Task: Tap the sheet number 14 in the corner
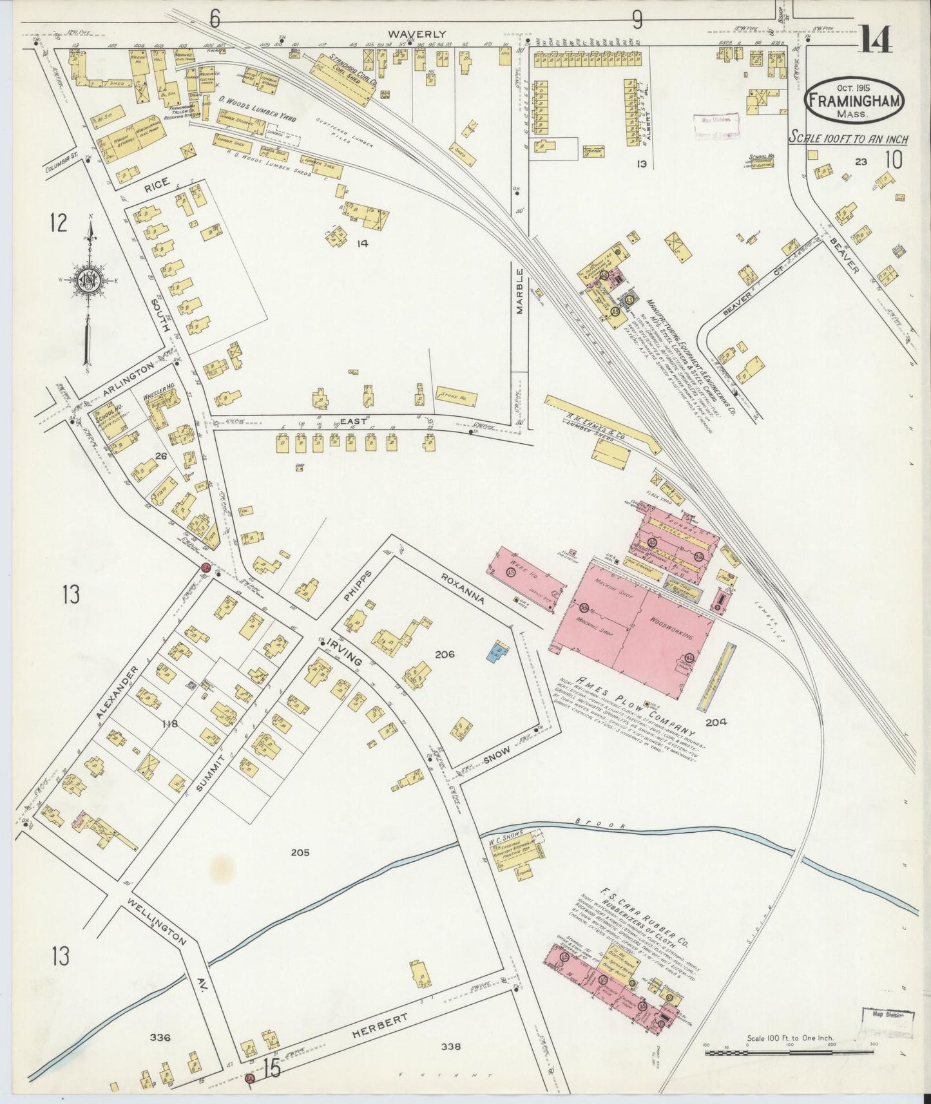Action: [875, 41]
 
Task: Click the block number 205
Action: [300, 852]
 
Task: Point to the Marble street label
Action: [520, 290]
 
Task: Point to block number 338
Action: [452, 1047]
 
